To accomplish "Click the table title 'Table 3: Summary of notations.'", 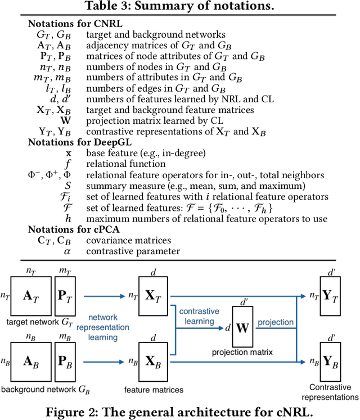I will (x=179, y=7).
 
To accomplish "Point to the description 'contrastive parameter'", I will (x=133, y=251).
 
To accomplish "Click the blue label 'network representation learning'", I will (x=110, y=328).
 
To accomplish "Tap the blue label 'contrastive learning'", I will (x=196, y=316).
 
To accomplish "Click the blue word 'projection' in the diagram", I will (x=276, y=322).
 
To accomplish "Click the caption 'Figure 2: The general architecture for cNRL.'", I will (x=179, y=410).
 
